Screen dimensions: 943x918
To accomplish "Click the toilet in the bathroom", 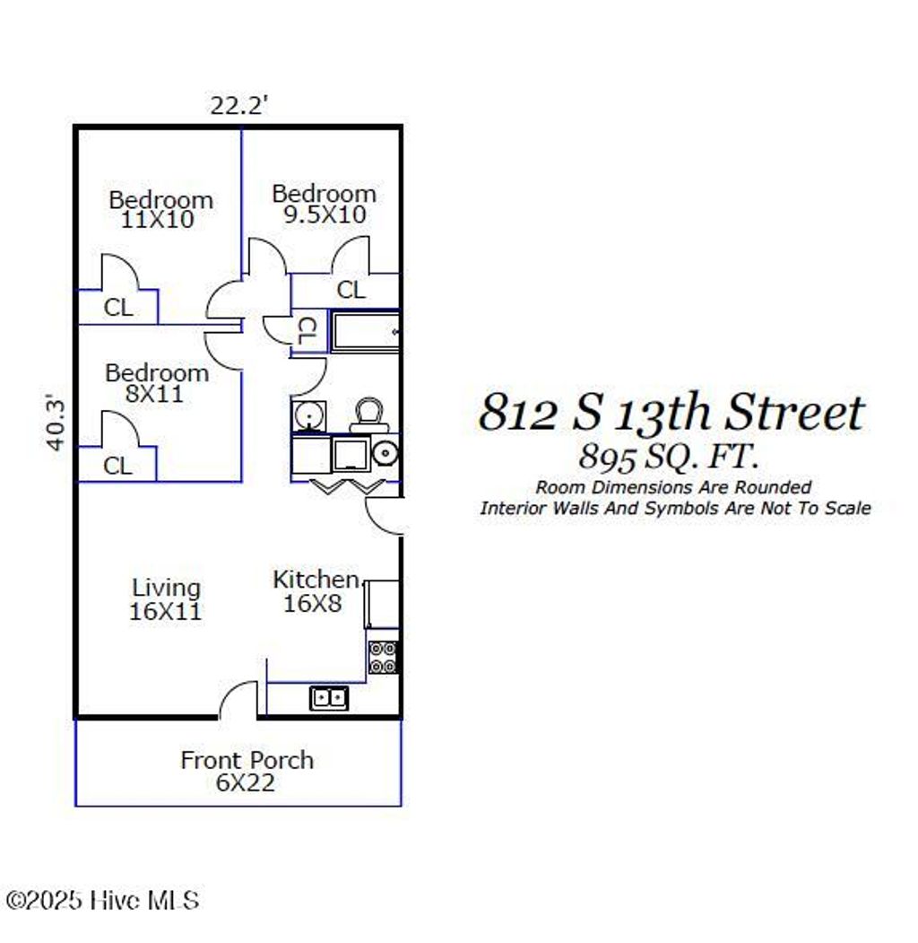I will pos(368,415).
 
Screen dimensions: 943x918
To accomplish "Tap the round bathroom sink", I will pos(308,417).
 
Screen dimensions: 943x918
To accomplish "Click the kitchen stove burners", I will pos(384,658).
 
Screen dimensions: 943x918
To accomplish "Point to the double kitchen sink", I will pos(329,697).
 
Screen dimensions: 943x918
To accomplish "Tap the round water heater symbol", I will pos(385,454).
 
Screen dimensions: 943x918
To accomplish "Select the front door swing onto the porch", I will pos(238,701).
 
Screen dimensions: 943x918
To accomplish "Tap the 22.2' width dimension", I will pos(239,105).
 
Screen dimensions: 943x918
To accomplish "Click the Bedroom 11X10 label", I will pos(160,209).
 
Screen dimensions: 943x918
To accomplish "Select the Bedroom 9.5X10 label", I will pos(324,205).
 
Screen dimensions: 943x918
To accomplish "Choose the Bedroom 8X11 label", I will pos(157,383).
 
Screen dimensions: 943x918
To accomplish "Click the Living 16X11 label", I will pos(166,600).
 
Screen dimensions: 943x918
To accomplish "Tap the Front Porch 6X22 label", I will pos(247,771).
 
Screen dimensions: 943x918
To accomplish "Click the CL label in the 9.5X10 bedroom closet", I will pos(351,290).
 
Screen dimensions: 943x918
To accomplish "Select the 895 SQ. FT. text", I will pos(668,457).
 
